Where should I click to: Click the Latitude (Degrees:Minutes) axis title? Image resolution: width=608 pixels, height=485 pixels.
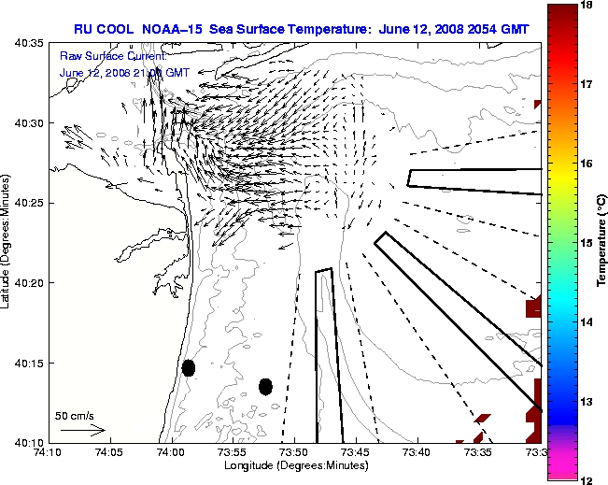click(x=7, y=243)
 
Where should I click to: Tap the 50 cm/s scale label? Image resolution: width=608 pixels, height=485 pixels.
click(x=75, y=416)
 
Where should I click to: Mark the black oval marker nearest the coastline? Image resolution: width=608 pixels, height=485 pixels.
click(x=189, y=367)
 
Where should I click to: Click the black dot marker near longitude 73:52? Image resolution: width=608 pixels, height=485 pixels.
click(x=265, y=386)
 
